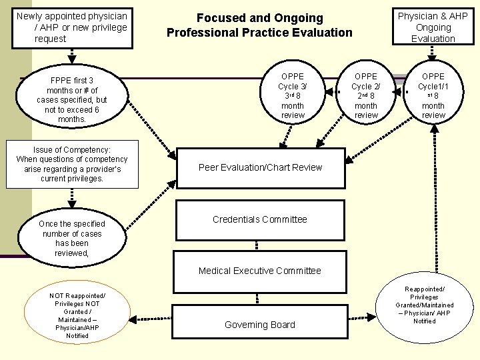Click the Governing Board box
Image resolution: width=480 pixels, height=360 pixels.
point(259,325)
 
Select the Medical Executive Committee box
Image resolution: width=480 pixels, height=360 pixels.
point(259,271)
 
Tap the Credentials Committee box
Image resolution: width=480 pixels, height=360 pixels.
point(259,219)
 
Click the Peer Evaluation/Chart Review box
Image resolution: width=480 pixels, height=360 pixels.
point(260,167)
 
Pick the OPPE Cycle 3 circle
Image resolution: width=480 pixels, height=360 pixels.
point(292,96)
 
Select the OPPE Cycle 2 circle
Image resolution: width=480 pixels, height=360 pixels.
point(365,96)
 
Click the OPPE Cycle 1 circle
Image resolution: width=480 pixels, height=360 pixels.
point(433,96)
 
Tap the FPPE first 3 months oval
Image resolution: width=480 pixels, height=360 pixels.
point(71,100)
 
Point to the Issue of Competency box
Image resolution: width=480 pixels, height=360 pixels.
point(71,164)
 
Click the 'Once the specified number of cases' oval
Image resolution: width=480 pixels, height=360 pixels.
point(71,239)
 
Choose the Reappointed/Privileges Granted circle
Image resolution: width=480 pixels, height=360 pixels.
point(424,306)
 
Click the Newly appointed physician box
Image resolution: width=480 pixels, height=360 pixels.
point(71,27)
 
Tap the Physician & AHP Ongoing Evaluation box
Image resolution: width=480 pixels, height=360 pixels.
point(433,27)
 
